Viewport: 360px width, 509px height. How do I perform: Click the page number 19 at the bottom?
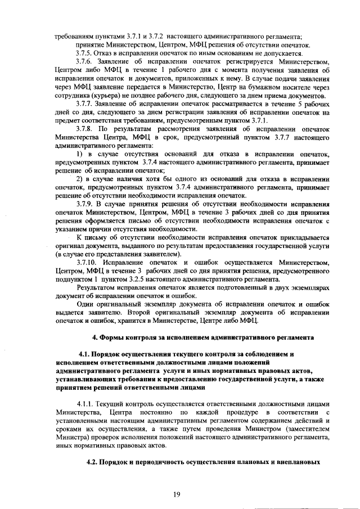(179, 494)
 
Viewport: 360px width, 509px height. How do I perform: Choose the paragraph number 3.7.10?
(87, 263)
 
